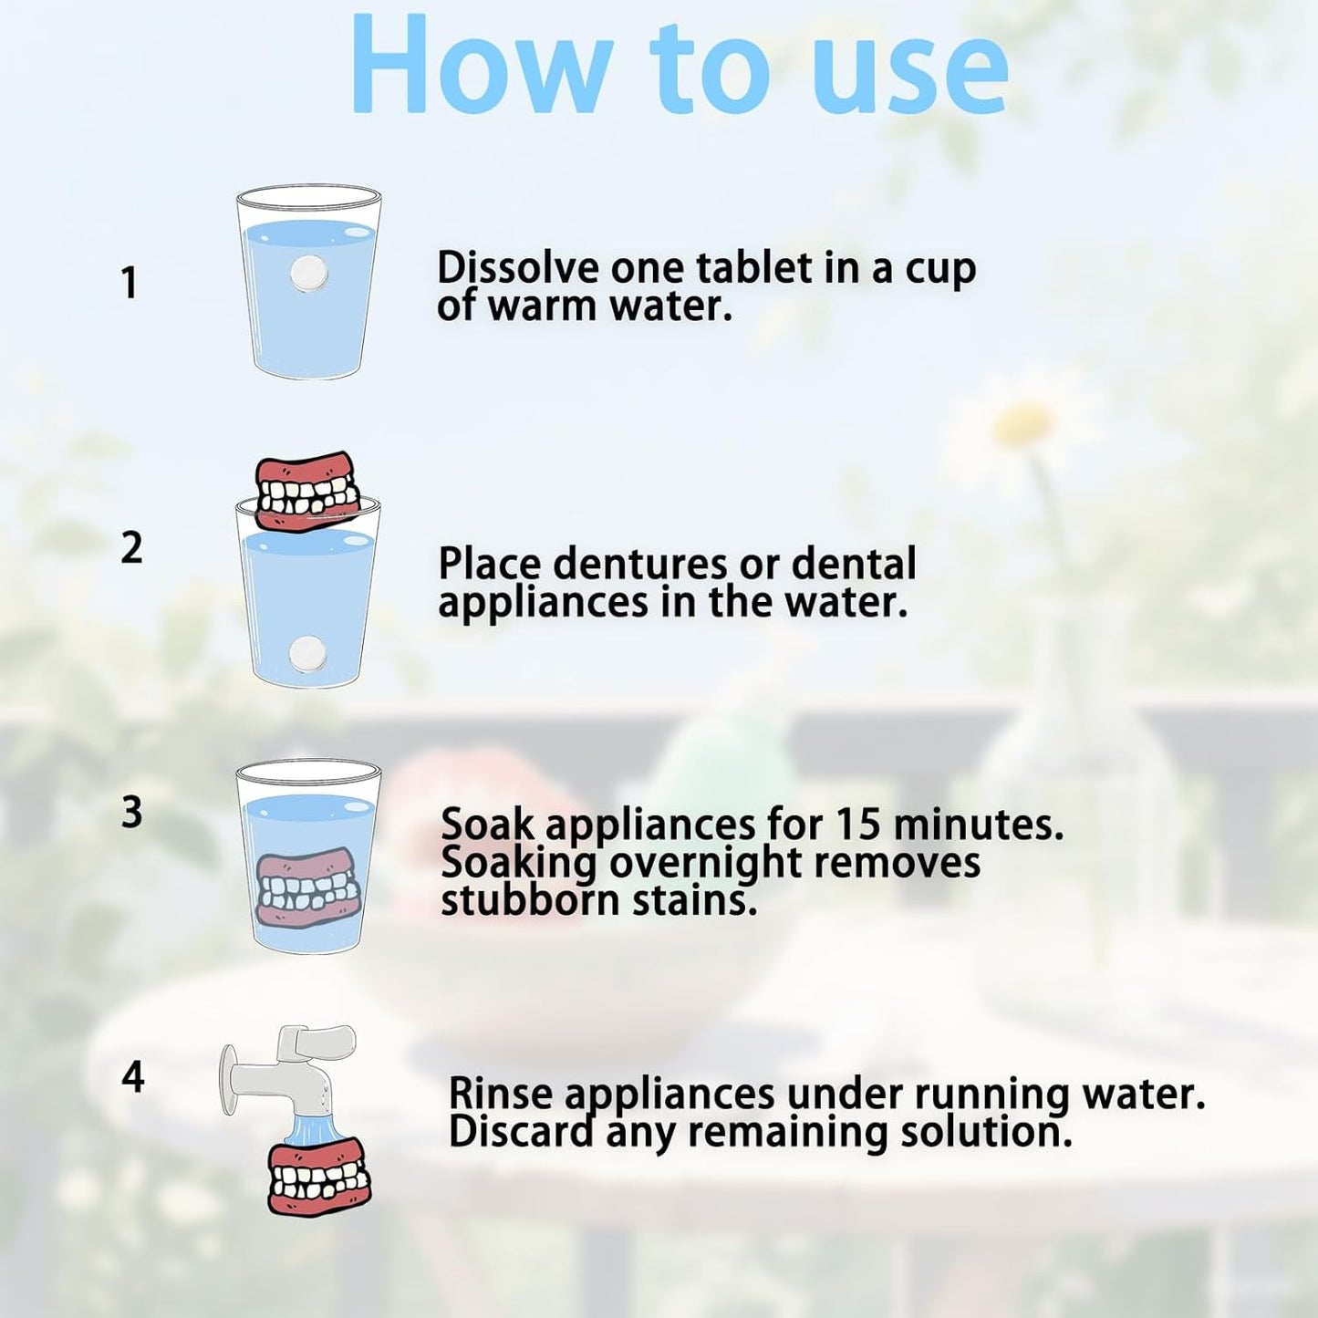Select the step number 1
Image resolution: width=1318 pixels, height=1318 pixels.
pyautogui.click(x=130, y=283)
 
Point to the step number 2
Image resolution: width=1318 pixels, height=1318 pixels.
pyautogui.click(x=131, y=548)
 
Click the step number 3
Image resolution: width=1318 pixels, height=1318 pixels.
pyautogui.click(x=131, y=813)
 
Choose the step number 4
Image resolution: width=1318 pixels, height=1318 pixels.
pyautogui.click(x=132, y=1078)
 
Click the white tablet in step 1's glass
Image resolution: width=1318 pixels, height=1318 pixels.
pyautogui.click(x=309, y=275)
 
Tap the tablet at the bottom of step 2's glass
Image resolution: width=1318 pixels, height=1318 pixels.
pyautogui.click(x=307, y=655)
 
